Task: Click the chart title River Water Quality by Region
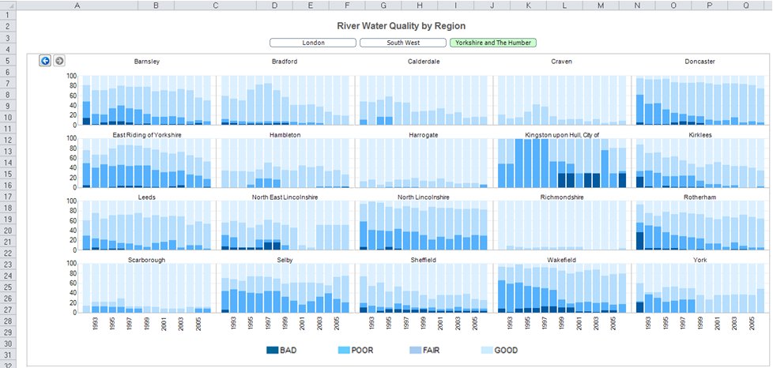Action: point(406,25)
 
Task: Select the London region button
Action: point(313,43)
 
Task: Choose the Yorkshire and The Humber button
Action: point(492,43)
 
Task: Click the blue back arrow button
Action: point(45,61)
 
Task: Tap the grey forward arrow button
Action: point(59,61)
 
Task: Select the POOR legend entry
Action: point(360,350)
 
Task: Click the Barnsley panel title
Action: point(148,62)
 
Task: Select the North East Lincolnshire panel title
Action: point(285,197)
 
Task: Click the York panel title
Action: point(699,259)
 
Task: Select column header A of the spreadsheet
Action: point(77,6)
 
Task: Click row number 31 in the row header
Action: point(7,356)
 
